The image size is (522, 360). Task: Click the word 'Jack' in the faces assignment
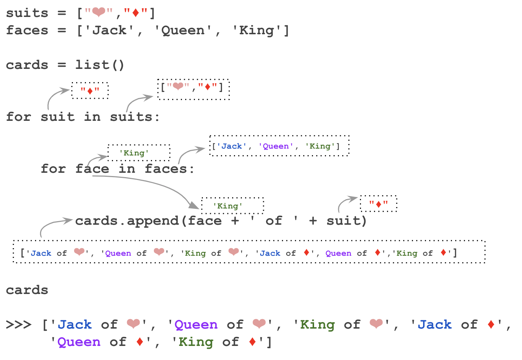click(x=109, y=30)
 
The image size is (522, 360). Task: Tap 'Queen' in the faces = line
click(x=183, y=30)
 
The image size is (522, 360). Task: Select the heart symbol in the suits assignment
click(x=98, y=13)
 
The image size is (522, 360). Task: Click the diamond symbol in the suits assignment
click(x=136, y=13)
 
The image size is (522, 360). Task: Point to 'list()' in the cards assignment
click(x=100, y=65)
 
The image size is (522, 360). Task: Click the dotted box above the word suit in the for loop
click(x=90, y=91)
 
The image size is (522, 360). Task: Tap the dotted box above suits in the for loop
click(x=193, y=89)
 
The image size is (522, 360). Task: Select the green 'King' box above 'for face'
click(x=139, y=153)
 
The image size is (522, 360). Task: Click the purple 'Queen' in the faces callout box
click(x=275, y=146)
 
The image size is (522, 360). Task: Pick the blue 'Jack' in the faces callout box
click(x=231, y=146)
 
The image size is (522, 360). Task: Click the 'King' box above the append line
click(x=232, y=206)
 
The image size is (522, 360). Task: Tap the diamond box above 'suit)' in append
click(x=378, y=204)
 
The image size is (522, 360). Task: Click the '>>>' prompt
click(x=18, y=325)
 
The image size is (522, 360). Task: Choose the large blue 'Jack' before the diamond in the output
click(x=435, y=325)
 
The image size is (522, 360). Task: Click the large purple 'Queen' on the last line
click(x=79, y=342)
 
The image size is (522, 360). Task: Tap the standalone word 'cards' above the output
click(x=27, y=290)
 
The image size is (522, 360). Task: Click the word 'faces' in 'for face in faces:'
click(x=166, y=169)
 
